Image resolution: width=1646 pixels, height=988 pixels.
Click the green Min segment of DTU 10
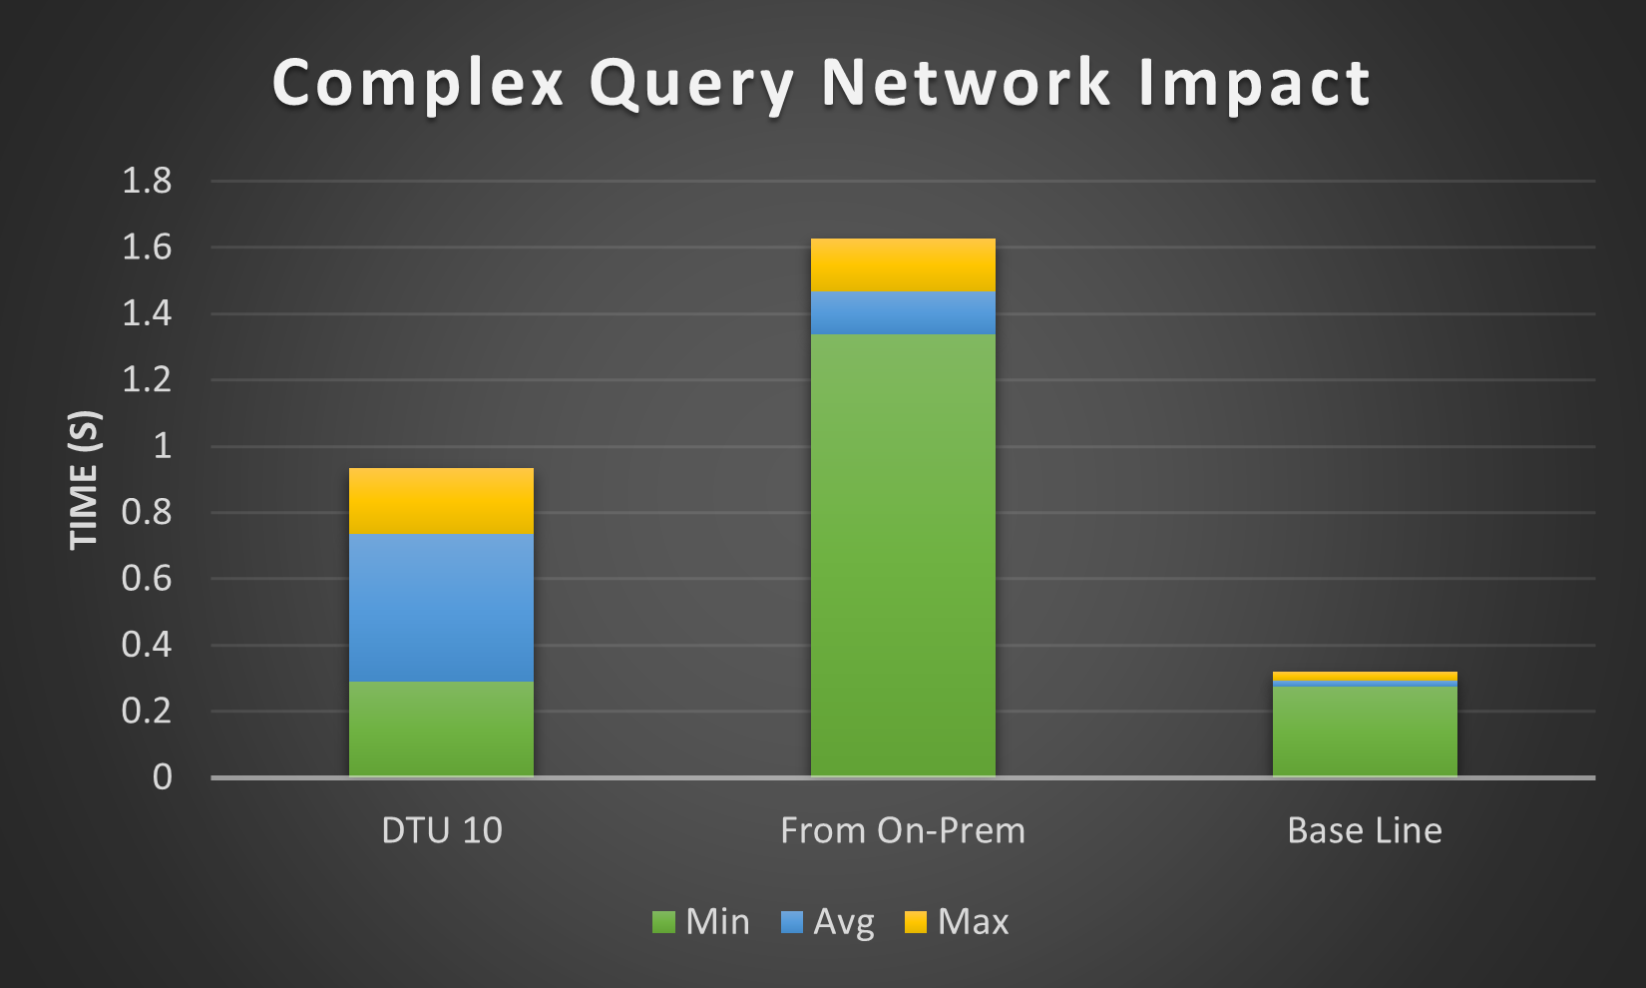441,729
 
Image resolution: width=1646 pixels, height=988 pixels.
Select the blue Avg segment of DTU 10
441,608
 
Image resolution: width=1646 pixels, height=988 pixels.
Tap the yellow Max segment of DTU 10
441,501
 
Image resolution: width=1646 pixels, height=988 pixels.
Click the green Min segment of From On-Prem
903,555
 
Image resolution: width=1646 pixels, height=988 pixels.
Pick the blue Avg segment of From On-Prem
903,313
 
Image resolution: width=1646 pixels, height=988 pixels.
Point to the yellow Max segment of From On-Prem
903,264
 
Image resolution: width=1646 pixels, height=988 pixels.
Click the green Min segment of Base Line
1365,732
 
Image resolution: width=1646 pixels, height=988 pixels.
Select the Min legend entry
701,922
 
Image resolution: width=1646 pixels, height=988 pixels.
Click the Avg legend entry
827,922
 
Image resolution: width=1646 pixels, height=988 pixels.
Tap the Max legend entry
957,922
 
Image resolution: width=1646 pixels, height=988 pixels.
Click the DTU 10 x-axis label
442,830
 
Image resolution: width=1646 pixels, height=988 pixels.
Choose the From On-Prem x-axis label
903,830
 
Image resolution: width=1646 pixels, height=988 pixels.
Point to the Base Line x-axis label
1365,830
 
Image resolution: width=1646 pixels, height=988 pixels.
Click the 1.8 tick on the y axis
147,181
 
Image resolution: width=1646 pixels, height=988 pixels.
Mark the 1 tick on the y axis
163,446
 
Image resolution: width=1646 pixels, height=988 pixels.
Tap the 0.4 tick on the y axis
147,645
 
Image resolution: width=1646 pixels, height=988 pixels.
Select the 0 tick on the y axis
163,777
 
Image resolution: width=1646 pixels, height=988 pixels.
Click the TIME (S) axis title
84,479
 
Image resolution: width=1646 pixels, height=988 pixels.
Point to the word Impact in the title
1254,84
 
